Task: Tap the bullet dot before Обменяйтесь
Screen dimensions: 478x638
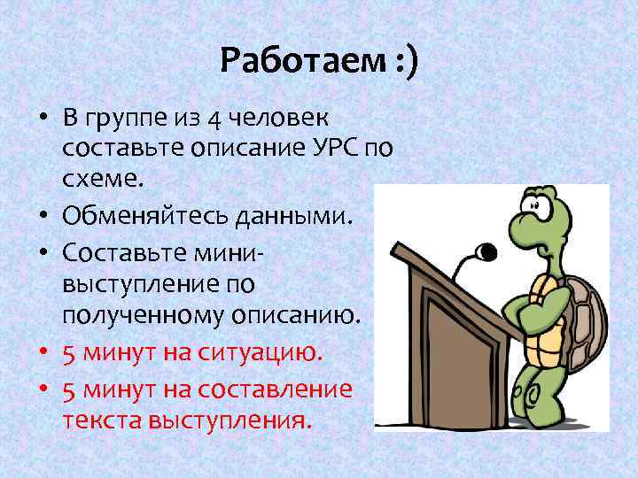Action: [43, 214]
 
